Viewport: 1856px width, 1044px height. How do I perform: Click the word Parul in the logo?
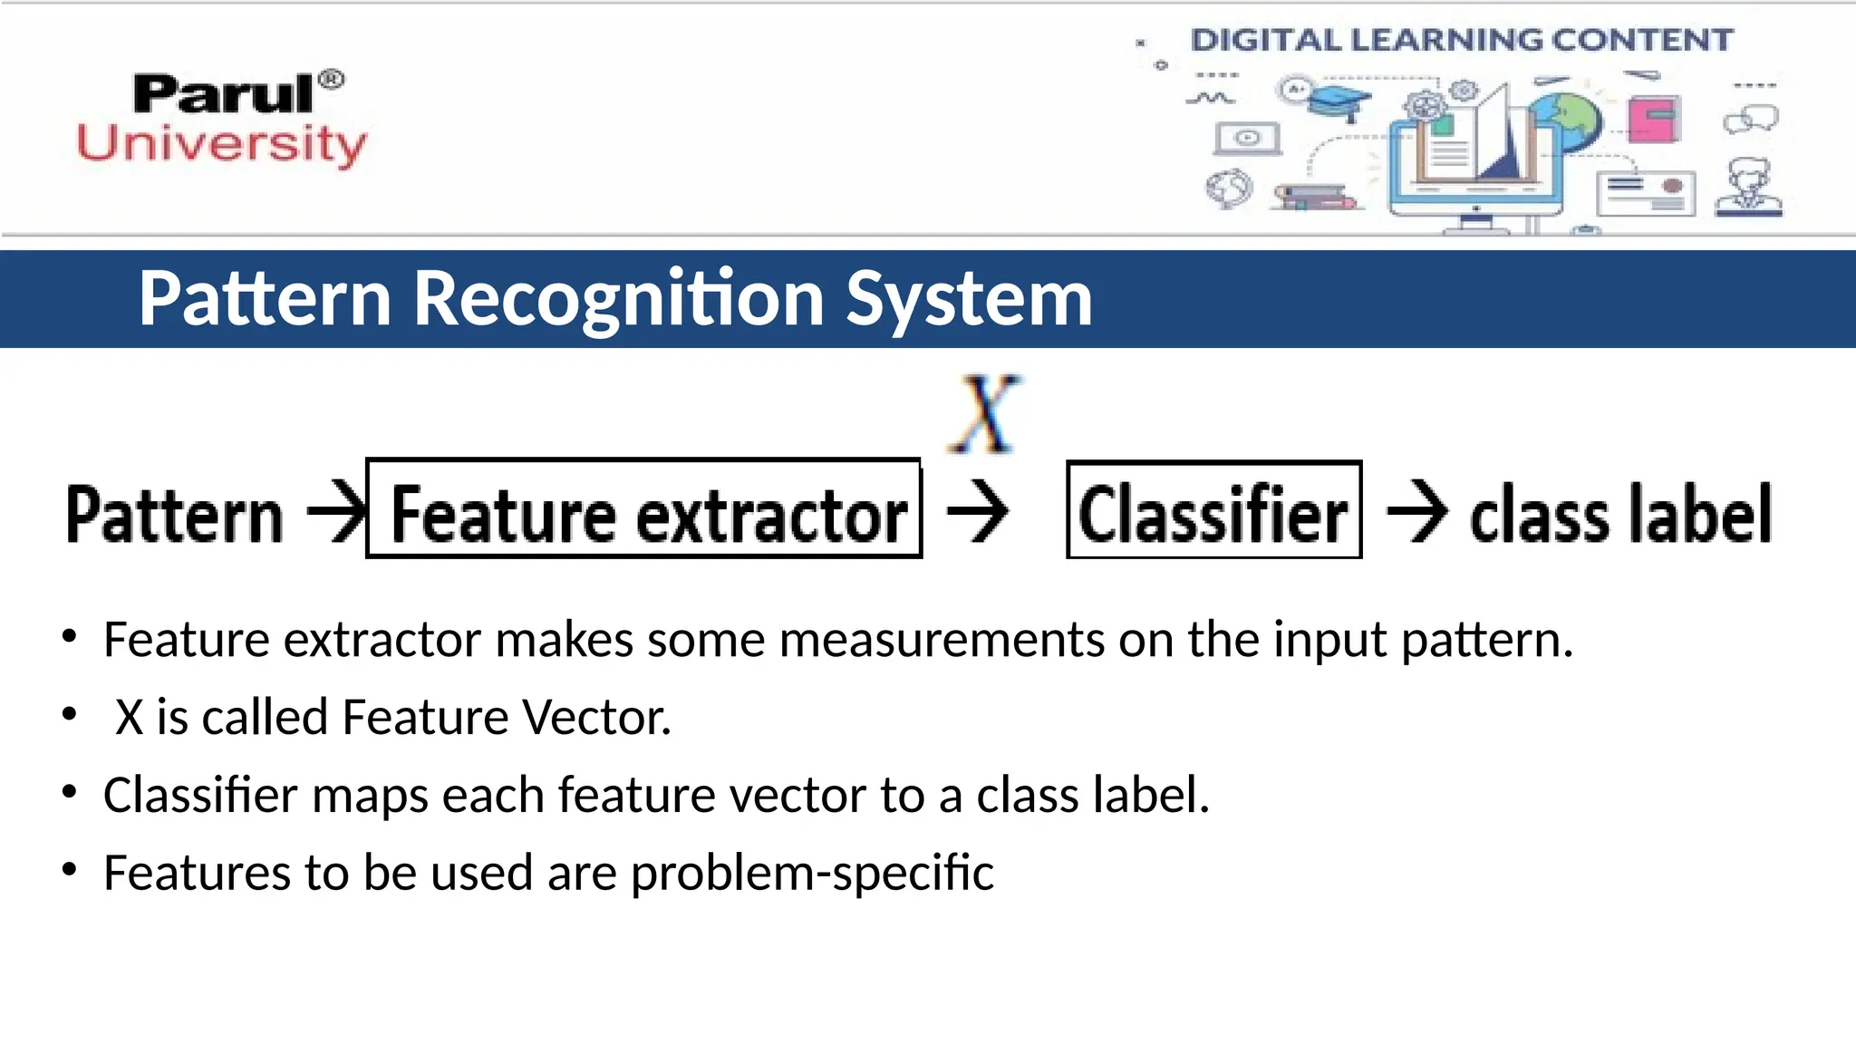223,94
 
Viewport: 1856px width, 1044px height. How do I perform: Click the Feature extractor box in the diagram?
644,509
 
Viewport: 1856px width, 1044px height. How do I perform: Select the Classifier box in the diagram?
1213,510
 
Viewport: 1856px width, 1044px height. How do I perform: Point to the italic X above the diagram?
986,414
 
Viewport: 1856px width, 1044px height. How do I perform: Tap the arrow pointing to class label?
1417,512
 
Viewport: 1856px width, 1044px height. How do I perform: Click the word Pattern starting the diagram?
174,515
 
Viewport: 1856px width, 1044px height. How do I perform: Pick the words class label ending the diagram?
1620,514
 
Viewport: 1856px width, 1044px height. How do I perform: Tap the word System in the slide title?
969,299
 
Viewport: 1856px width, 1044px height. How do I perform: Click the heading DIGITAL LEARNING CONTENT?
1461,40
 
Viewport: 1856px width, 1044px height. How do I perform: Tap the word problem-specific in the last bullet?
812,874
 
